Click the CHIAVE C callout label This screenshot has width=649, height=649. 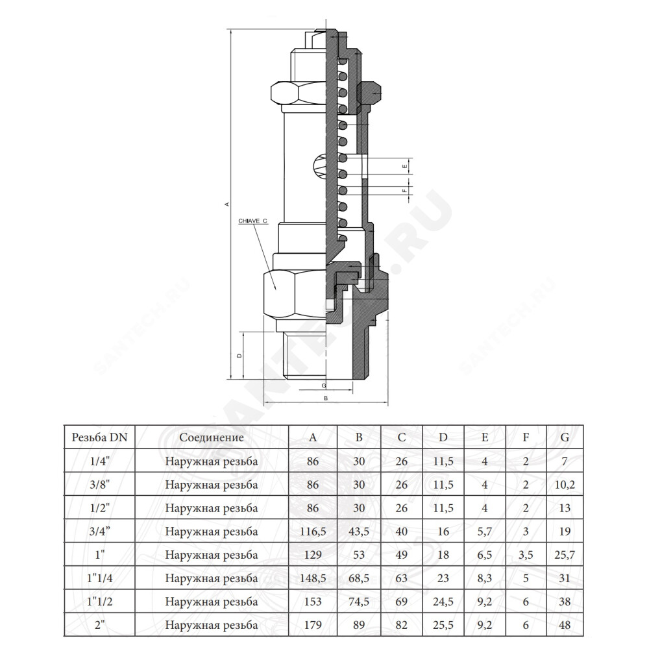253,221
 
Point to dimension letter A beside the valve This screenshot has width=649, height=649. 227,204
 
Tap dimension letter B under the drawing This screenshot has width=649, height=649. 326,398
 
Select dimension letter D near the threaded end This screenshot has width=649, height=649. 239,356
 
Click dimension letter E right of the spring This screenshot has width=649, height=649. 405,166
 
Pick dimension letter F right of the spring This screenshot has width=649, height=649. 405,191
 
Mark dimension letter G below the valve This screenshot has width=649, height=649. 324,386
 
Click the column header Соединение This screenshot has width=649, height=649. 212,437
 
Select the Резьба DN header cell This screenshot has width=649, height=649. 100,437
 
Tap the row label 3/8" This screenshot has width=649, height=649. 100,485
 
